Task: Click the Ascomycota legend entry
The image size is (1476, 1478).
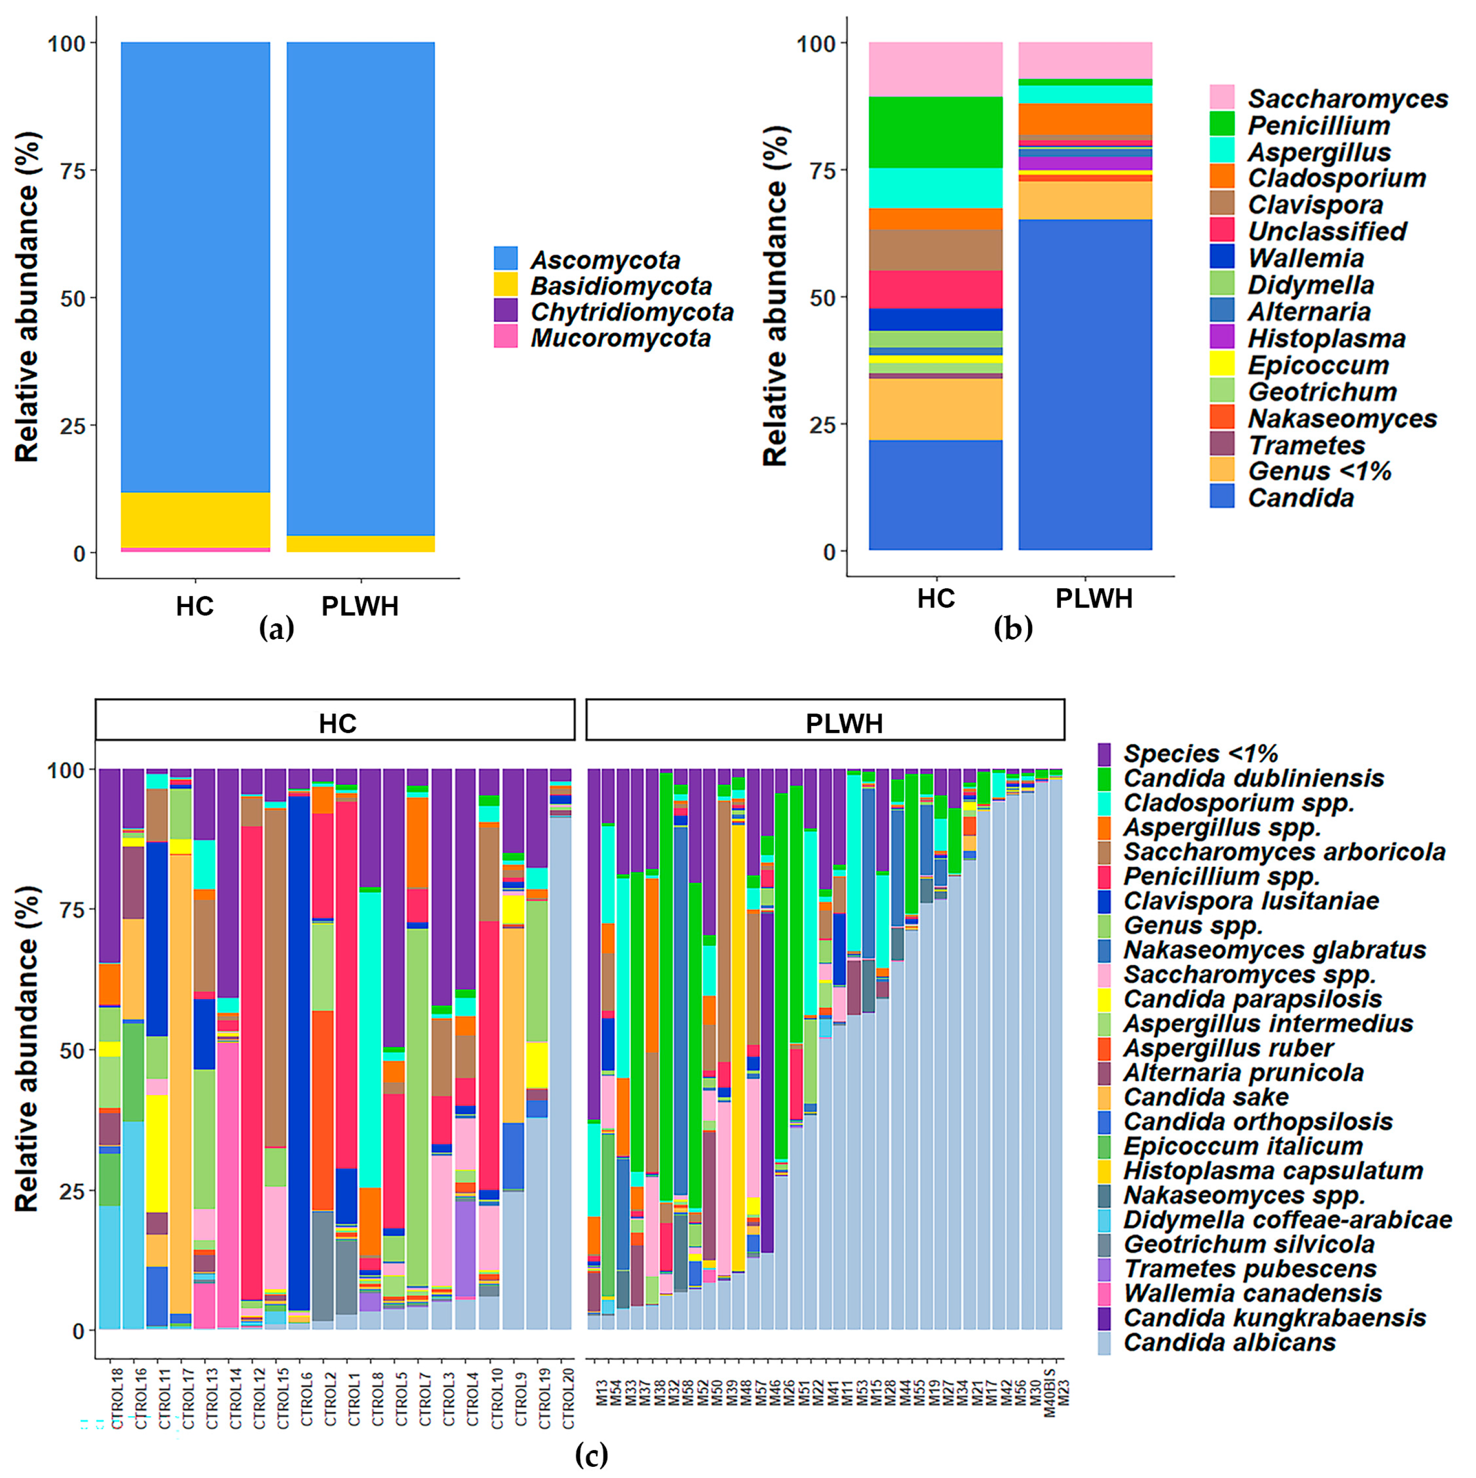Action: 605,260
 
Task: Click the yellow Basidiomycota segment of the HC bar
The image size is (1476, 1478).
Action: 195,520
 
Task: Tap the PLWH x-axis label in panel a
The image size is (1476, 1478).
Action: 359,607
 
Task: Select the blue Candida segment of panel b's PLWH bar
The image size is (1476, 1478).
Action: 1084,383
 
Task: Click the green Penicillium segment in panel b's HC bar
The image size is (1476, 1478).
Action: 935,131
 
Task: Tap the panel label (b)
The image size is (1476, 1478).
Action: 1012,629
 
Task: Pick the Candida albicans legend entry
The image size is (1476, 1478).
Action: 1229,1342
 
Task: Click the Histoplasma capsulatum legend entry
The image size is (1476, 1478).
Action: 1272,1171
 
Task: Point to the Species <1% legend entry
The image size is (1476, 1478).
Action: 1200,754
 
